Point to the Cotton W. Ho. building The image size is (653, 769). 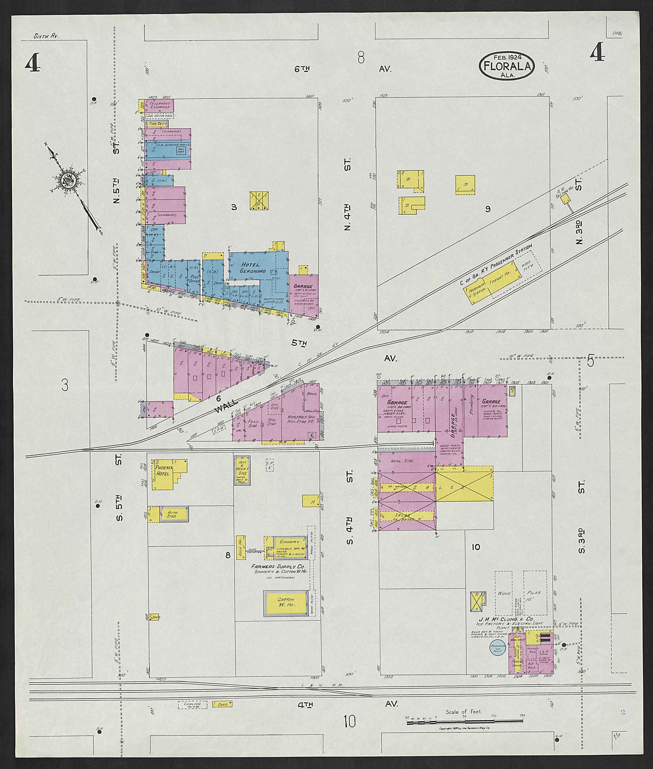286,603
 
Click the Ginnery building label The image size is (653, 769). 289,542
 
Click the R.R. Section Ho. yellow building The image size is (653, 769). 565,199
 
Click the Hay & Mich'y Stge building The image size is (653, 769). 242,471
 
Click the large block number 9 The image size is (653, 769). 488,209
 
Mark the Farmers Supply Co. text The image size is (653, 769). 278,566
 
